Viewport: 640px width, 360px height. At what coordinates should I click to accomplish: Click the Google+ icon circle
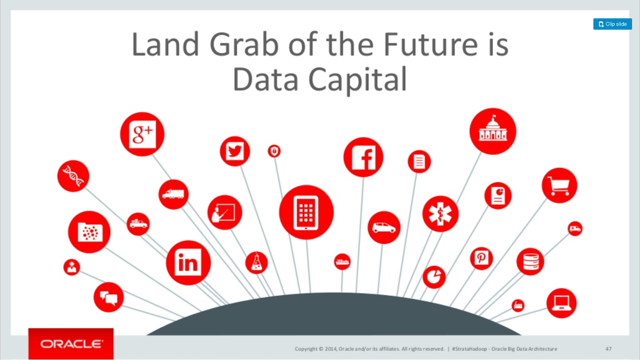pyautogui.click(x=142, y=134)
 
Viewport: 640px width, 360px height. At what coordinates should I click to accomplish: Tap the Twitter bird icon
pyautogui.click(x=235, y=151)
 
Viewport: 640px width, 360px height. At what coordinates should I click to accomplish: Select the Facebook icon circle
pyautogui.click(x=363, y=157)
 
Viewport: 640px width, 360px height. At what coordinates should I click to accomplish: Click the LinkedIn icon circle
pyautogui.click(x=188, y=263)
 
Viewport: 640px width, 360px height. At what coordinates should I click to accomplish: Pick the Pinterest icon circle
pyautogui.click(x=481, y=259)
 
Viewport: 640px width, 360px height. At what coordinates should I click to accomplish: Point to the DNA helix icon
pyautogui.click(x=74, y=176)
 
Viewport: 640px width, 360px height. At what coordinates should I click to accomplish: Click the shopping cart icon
pyautogui.click(x=559, y=185)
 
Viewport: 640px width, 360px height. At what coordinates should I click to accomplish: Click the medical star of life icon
pyautogui.click(x=440, y=214)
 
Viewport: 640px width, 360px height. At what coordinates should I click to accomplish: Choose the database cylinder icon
pyautogui.click(x=531, y=261)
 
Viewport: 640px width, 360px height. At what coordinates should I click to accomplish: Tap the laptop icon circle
pyautogui.click(x=561, y=303)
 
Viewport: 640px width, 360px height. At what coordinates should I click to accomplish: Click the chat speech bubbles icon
pyautogui.click(x=109, y=298)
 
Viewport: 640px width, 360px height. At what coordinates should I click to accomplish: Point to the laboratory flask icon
pyautogui.click(x=256, y=262)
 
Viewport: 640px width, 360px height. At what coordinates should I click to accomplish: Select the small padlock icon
pyautogui.click(x=274, y=151)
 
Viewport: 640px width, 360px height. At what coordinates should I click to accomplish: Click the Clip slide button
pyautogui.click(x=613, y=24)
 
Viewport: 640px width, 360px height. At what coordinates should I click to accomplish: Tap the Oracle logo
pyautogui.click(x=71, y=344)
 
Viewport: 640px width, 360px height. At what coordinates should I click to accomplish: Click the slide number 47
pyautogui.click(x=608, y=349)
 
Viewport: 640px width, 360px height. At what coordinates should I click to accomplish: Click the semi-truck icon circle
pyautogui.click(x=173, y=195)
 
